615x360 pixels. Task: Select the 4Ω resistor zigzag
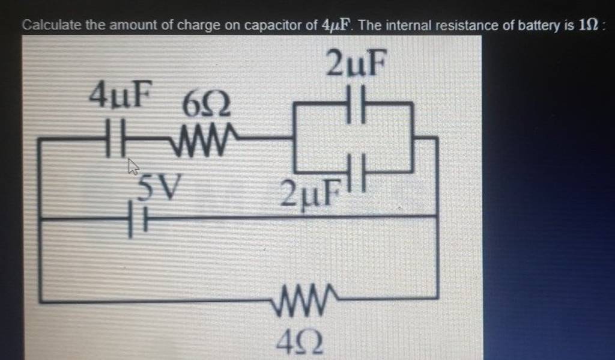[x=302, y=297]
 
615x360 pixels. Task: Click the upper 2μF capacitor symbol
[x=356, y=104]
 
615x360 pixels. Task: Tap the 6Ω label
[x=205, y=107]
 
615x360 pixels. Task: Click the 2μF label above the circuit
[x=354, y=65]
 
